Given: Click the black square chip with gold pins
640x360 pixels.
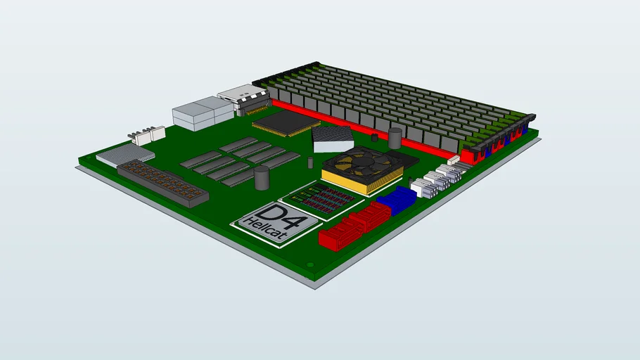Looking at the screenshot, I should click(x=284, y=124).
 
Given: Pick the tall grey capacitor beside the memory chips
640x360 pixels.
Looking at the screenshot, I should click(x=262, y=178).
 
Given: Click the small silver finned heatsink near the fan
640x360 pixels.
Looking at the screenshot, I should click(x=333, y=139).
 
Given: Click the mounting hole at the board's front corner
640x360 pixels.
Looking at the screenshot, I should click(x=310, y=265).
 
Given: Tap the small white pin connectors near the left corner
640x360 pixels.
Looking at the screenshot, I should click(x=143, y=135).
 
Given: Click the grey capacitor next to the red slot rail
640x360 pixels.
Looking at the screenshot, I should click(x=395, y=137).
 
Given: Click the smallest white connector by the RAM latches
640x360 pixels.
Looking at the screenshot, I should click(x=454, y=160).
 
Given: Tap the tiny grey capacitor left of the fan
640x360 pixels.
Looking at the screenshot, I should click(x=310, y=163).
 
